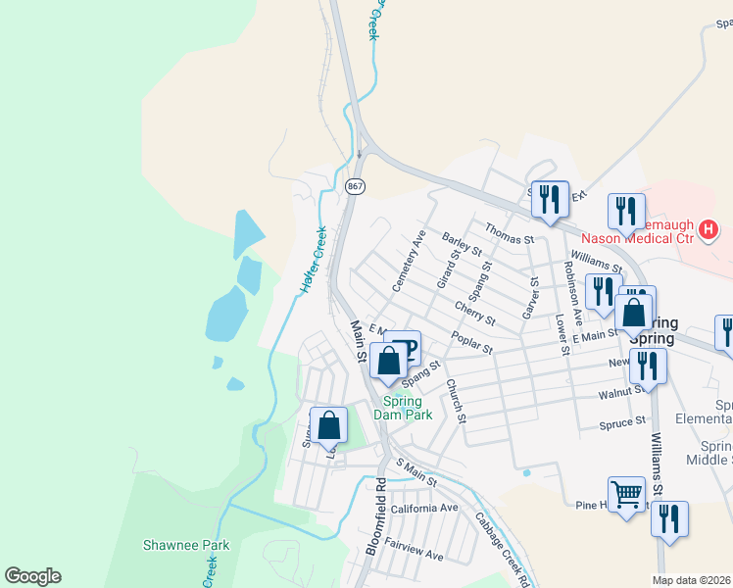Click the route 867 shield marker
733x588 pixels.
tap(355, 185)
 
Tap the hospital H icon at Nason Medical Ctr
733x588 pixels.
tap(710, 231)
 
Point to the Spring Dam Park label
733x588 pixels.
tap(402, 408)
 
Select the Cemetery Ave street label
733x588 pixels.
tap(408, 261)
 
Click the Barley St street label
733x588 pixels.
tap(463, 244)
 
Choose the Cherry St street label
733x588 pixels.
tap(474, 312)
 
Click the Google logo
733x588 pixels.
tap(32, 576)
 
